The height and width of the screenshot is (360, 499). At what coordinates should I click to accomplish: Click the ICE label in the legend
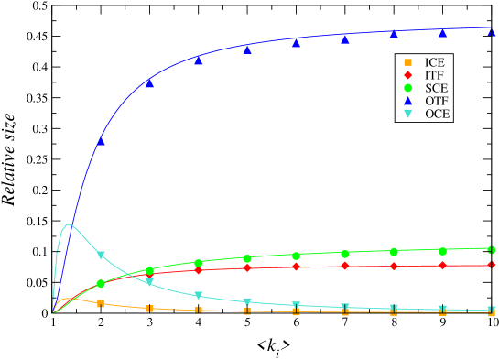pos(435,62)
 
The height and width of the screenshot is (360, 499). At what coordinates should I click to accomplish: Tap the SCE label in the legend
pos(436,88)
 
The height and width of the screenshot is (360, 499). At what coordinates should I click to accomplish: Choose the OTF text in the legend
pos(436,101)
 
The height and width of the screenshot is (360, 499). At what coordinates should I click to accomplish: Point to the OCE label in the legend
pos(437,114)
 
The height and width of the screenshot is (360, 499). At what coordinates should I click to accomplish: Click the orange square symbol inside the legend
pos(407,62)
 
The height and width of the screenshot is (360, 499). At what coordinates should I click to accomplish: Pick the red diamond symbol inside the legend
pos(407,75)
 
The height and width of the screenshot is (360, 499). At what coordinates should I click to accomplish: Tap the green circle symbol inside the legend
pos(407,88)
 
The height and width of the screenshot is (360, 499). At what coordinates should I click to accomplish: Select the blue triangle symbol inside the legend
pos(407,101)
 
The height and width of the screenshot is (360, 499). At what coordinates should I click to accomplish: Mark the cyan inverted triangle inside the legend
pos(407,114)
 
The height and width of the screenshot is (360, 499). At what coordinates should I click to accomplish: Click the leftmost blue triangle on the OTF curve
pos(101,141)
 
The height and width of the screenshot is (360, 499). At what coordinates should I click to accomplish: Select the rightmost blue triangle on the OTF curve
pos(492,32)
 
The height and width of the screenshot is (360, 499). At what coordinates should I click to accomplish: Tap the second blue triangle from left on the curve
pos(149,83)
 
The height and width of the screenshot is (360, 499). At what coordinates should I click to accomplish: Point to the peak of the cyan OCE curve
pos(68,224)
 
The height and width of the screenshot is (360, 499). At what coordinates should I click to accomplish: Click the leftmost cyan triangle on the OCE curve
pos(101,256)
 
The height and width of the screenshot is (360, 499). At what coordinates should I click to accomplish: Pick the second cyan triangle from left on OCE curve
pos(149,282)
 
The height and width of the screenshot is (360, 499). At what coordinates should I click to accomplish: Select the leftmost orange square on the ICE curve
pos(101,303)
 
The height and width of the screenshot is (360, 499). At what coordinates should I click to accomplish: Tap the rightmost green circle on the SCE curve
pos(492,249)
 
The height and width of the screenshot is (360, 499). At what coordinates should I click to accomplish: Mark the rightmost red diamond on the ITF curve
pos(492,266)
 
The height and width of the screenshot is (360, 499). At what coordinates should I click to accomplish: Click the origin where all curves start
pos(53,312)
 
